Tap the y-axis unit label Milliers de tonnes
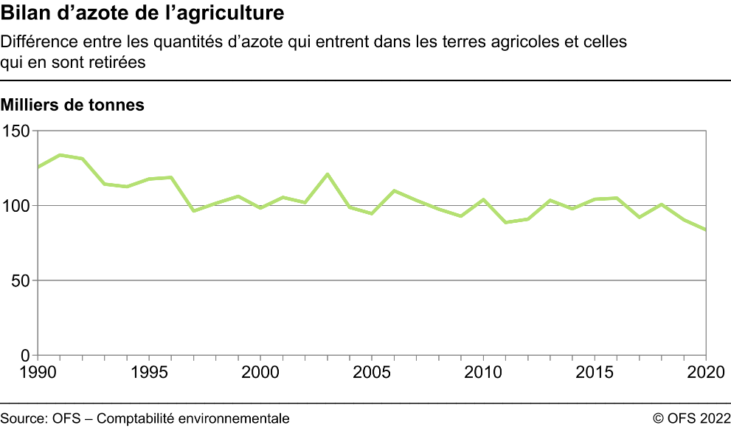pyautogui.click(x=72, y=105)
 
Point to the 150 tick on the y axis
pyautogui.click(x=17, y=131)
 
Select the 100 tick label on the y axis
pyautogui.click(x=17, y=206)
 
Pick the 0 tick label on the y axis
pyautogui.click(x=25, y=356)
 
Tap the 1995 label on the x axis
pyautogui.click(x=149, y=370)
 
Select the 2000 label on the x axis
pyautogui.click(x=260, y=370)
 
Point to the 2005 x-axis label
pyautogui.click(x=372, y=370)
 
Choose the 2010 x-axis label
pyautogui.click(x=483, y=370)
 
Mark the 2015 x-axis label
pyautogui.click(x=595, y=370)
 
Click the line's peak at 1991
pyautogui.click(x=60, y=155)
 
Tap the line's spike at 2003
pyautogui.click(x=328, y=174)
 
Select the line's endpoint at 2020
pyautogui.click(x=705, y=229)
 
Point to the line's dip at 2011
pyautogui.click(x=505, y=222)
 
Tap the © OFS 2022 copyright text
pyautogui.click(x=690, y=418)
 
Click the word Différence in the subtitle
pyautogui.click(x=33, y=42)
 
